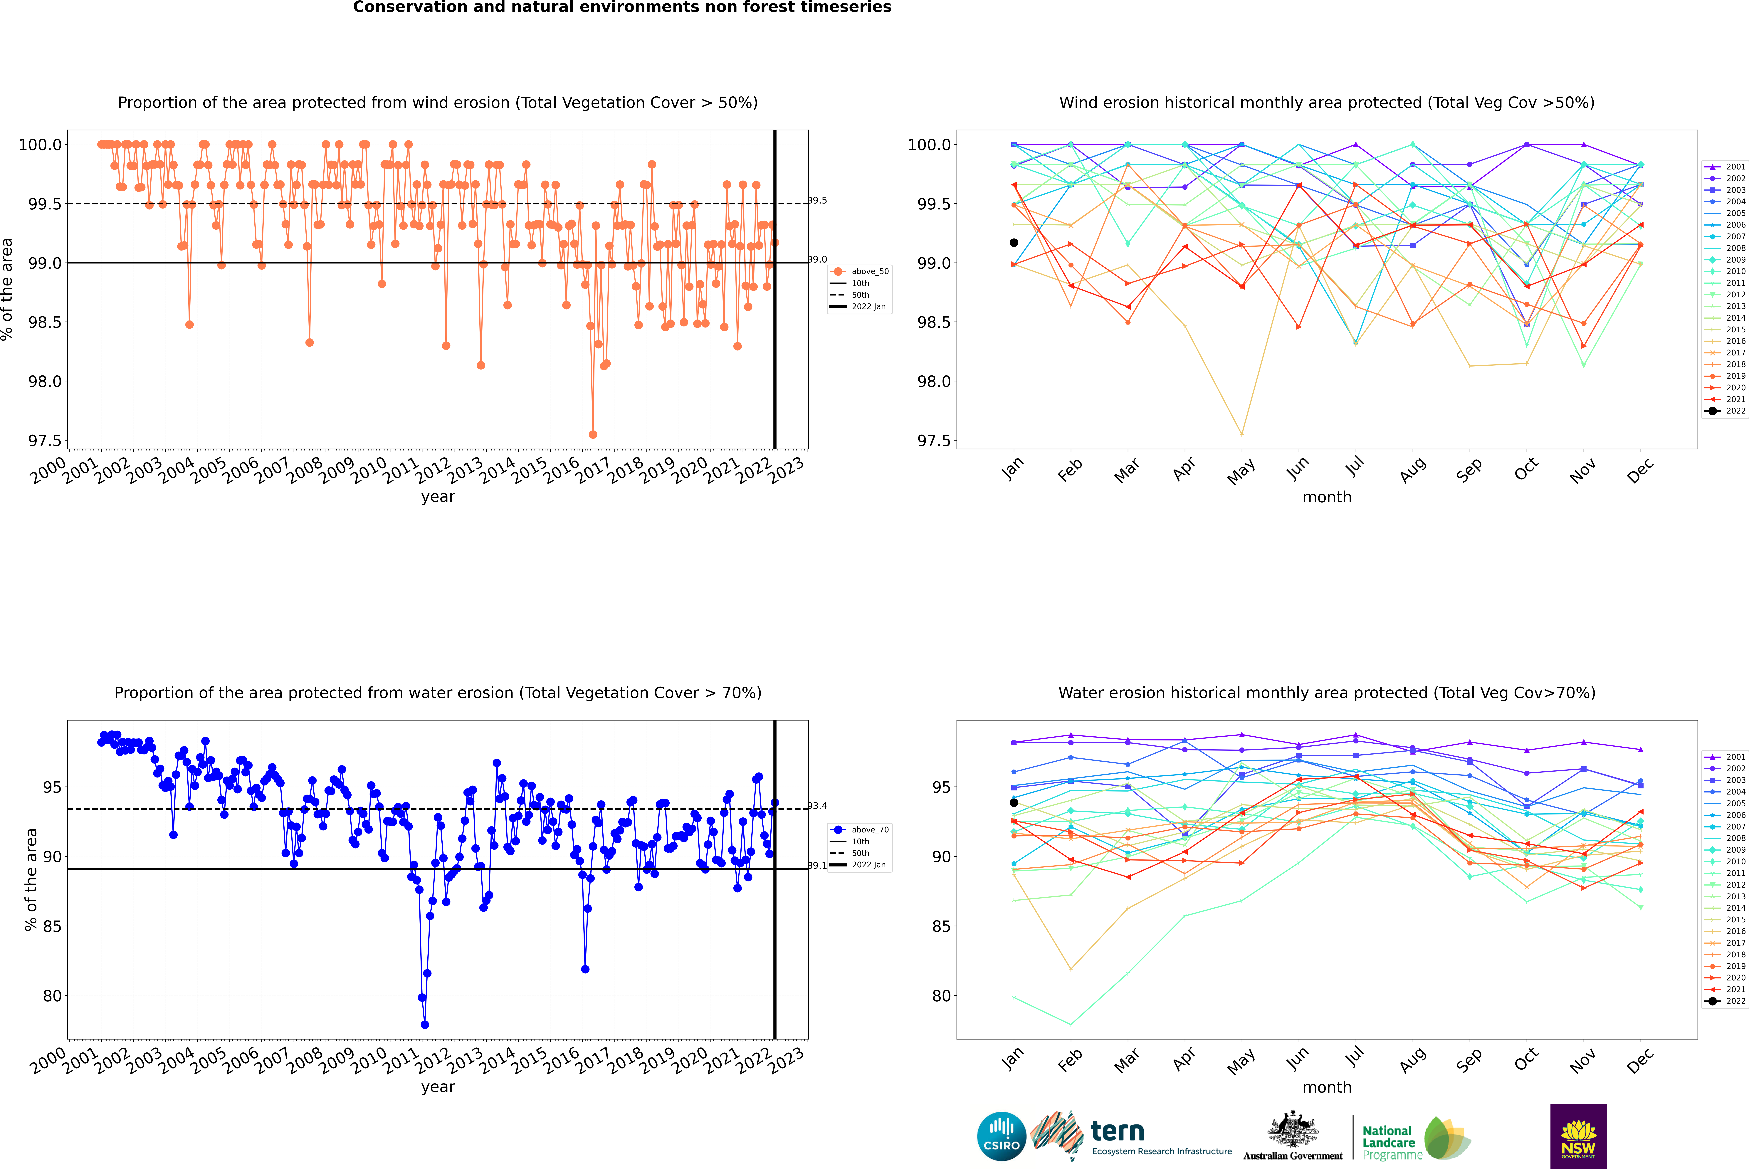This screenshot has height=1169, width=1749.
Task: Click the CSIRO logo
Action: [1001, 1136]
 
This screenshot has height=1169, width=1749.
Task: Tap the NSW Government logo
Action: [1578, 1136]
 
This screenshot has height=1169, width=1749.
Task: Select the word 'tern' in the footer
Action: [1117, 1131]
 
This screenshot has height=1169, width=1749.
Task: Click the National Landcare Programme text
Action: [1388, 1142]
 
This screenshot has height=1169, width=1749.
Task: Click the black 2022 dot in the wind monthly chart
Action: [1014, 242]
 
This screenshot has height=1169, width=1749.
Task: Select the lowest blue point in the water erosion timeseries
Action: [425, 1024]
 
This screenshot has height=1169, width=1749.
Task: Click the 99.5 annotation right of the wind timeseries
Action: [817, 201]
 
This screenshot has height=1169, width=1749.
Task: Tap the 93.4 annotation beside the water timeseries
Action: [817, 806]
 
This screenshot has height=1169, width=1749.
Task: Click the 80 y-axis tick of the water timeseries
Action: [52, 996]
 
